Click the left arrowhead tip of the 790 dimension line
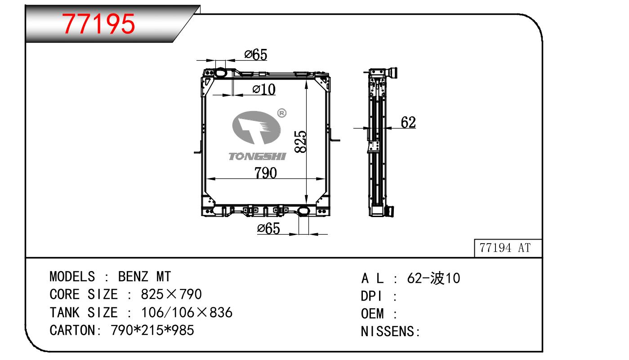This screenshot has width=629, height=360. pos(206,179)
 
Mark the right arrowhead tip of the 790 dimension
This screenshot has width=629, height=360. pos(325,179)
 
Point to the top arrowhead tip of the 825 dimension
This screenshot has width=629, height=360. pos(306,80)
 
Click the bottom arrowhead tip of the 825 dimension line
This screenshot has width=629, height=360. pos(306,205)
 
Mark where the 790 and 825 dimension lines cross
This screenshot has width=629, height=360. pos(306,179)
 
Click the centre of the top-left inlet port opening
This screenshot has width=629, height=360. pos(220,73)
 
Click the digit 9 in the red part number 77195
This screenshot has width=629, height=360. pos(110,24)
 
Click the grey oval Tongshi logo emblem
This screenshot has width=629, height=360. pos(256,128)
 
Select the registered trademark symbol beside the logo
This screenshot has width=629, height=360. pos(281,113)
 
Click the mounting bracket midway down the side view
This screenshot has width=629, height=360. pos(373,147)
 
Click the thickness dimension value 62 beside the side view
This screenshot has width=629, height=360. pos(408,122)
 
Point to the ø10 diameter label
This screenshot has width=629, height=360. pos(264,89)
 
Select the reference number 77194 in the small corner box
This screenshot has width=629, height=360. pos(495,248)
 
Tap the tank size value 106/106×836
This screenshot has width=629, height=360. pos(187,312)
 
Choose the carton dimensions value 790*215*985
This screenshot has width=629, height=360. pos(152,330)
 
